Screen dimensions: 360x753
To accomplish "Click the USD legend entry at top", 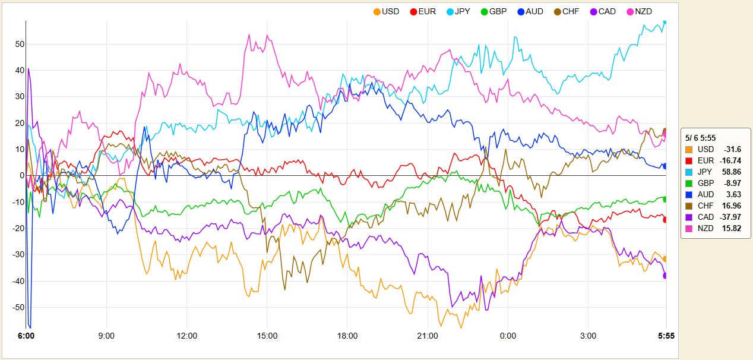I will [386, 11].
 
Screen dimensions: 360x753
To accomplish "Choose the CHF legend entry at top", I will [568, 11].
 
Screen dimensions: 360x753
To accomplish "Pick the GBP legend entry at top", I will [493, 11].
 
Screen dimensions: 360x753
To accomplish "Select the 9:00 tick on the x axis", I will [107, 336].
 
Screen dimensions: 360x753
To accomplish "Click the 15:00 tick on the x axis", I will [267, 336].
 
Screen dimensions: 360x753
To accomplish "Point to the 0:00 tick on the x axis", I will [508, 336].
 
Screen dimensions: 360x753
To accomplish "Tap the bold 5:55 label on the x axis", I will [666, 336].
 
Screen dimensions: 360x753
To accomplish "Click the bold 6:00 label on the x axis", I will [26, 336].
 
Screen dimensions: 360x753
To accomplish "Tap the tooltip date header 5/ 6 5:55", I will [701, 138].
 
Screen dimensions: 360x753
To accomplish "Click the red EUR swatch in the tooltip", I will [689, 160].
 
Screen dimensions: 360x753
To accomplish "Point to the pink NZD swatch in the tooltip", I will [689, 228].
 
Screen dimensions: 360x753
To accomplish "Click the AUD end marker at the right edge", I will [665, 166].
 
